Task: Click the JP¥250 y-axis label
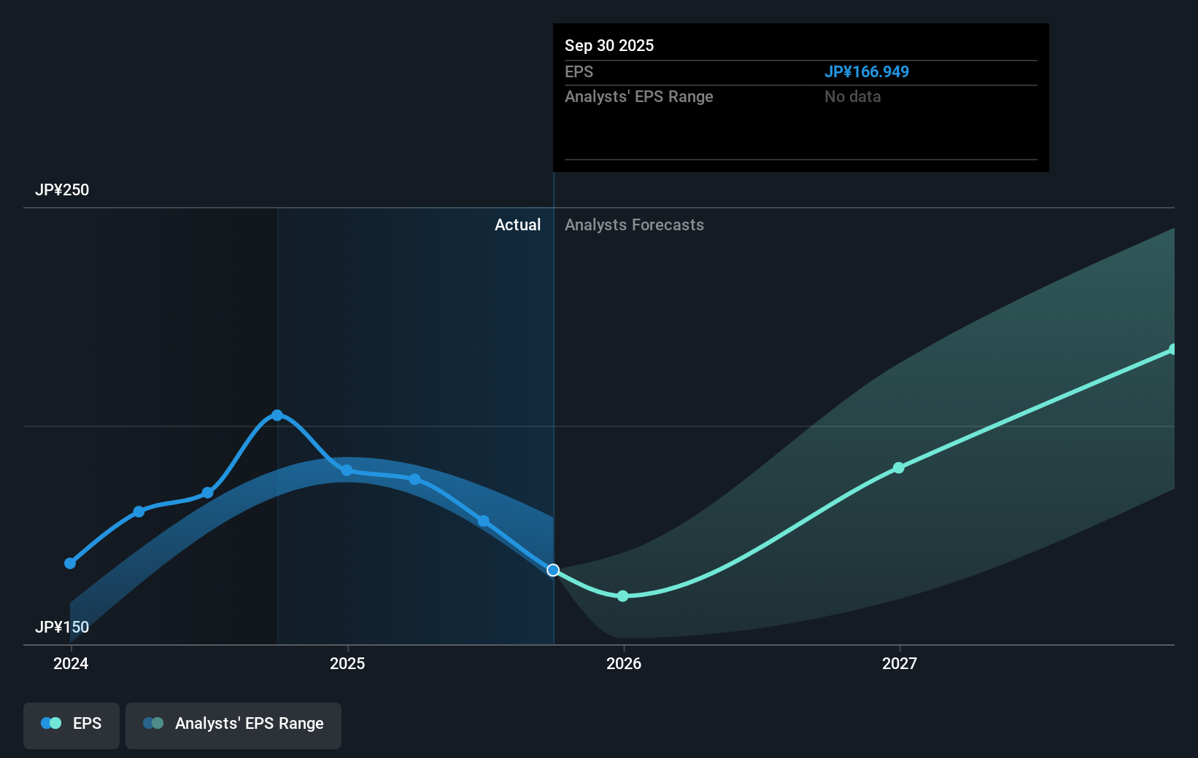pyautogui.click(x=62, y=190)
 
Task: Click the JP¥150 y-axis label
pyautogui.click(x=62, y=628)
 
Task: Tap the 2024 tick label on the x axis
pyautogui.click(x=71, y=663)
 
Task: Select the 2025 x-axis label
pyautogui.click(x=347, y=663)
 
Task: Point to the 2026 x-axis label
pyautogui.click(x=624, y=663)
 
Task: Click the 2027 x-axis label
pyautogui.click(x=900, y=663)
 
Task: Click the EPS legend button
pyautogui.click(x=72, y=724)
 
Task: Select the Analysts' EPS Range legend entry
pyautogui.click(x=233, y=724)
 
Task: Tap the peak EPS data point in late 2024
pyautogui.click(x=277, y=415)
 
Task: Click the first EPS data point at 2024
pyautogui.click(x=70, y=563)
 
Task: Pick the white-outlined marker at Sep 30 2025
pyautogui.click(x=553, y=570)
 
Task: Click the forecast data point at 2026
pyautogui.click(x=622, y=596)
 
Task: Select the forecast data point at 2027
pyautogui.click(x=899, y=468)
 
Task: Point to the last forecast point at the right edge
pyautogui.click(x=1172, y=350)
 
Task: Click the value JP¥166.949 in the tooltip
pyautogui.click(x=866, y=72)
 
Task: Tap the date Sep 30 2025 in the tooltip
pyautogui.click(x=609, y=45)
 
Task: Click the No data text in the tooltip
pyautogui.click(x=852, y=97)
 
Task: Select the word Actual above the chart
pyautogui.click(x=517, y=225)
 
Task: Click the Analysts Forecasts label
pyautogui.click(x=634, y=225)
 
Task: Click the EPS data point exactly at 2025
pyautogui.click(x=347, y=471)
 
